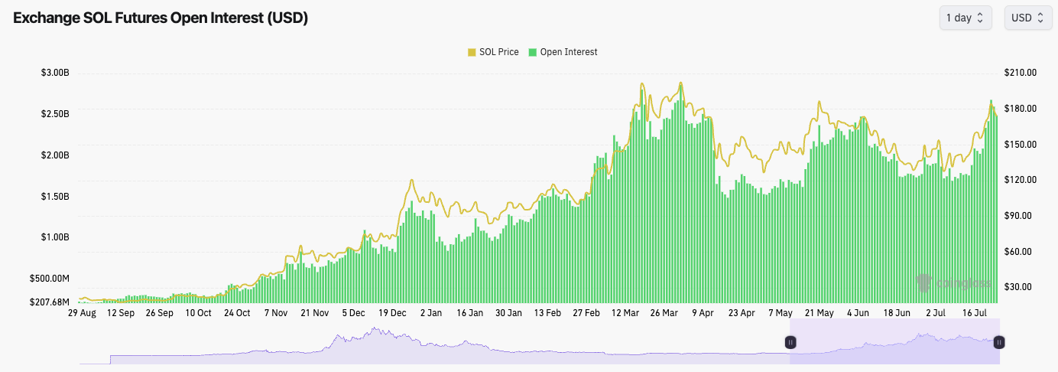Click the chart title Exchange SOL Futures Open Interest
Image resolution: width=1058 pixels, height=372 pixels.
pyautogui.click(x=161, y=18)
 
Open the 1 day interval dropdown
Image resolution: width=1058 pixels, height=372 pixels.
pyautogui.click(x=965, y=18)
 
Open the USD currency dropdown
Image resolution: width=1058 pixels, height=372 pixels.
pyautogui.click(x=1027, y=18)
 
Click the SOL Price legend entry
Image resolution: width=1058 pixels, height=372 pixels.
pyautogui.click(x=493, y=52)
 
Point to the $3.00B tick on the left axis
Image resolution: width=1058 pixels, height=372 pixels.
pyautogui.click(x=55, y=73)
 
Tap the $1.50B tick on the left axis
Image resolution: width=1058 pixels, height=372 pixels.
pyautogui.click(x=55, y=197)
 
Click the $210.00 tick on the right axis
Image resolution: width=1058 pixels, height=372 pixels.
pyautogui.click(x=1021, y=73)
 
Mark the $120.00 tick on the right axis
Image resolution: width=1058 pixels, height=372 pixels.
pyautogui.click(x=1021, y=180)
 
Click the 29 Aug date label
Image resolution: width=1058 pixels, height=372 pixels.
pyautogui.click(x=82, y=313)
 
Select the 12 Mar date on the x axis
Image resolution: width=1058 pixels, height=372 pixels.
pyautogui.click(x=625, y=313)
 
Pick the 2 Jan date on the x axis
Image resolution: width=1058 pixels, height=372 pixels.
pyautogui.click(x=431, y=313)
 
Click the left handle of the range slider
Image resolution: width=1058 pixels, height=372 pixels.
pyautogui.click(x=790, y=343)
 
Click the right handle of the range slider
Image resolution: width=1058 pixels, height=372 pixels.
pyautogui.click(x=998, y=343)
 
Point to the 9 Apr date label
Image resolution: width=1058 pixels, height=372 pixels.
pyautogui.click(x=703, y=313)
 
